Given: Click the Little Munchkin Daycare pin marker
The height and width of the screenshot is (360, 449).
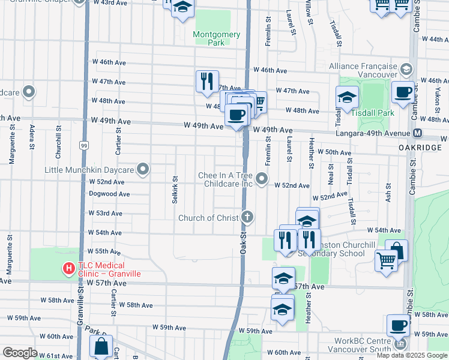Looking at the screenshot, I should point(143,170).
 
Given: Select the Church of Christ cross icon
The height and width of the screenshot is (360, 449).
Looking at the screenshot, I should point(247,217).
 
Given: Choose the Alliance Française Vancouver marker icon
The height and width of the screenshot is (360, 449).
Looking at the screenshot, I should point(406,70).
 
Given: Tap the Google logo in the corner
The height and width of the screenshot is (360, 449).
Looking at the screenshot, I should point(20,353).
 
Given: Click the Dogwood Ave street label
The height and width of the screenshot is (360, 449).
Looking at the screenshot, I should point(109,194).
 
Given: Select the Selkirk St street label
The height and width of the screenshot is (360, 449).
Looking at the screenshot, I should point(175,190).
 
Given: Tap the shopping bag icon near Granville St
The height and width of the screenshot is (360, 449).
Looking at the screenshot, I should point(101,346).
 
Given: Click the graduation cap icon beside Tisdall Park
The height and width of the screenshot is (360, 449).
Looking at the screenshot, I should point(346,97).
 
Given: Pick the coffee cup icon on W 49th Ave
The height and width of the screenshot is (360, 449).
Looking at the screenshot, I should point(237,114).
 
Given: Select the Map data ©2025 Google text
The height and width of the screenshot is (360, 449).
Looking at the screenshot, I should point(411,355).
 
